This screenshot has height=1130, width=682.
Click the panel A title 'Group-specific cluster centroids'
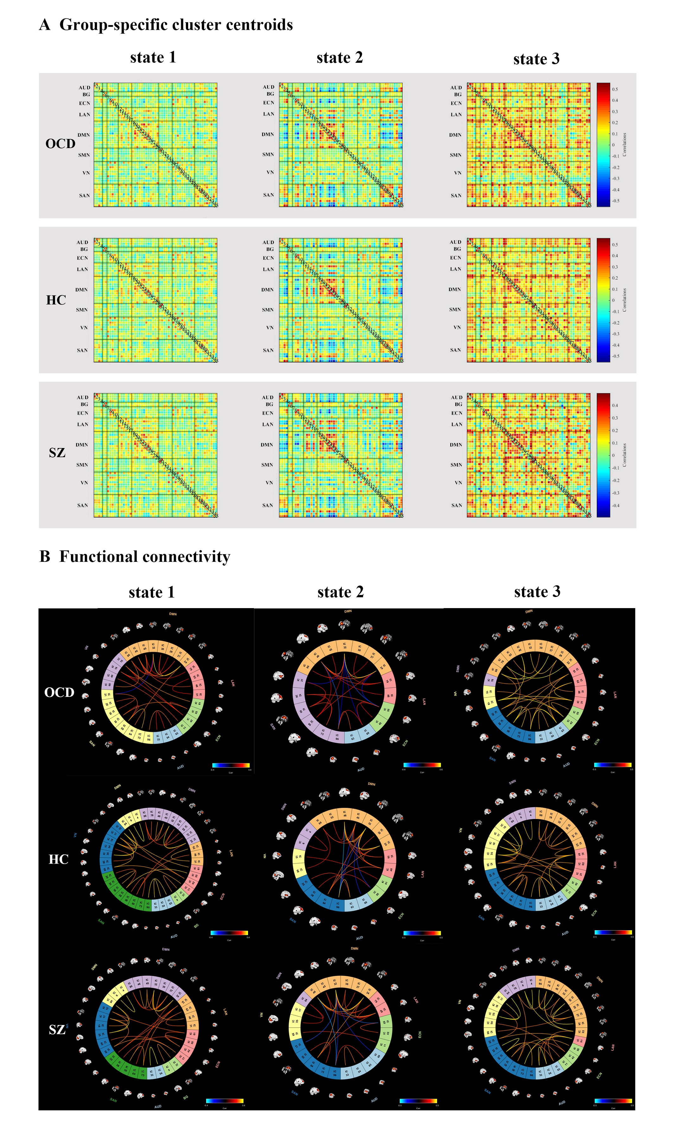coord(176,25)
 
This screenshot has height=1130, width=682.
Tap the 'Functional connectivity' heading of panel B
coord(144,556)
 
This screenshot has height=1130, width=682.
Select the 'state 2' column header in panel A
coord(340,58)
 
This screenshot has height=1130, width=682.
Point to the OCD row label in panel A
coord(60,144)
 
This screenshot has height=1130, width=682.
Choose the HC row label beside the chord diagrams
coord(58,860)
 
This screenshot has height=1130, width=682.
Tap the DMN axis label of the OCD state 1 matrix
coord(83,135)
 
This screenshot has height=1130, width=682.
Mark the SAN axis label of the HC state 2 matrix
coord(268,350)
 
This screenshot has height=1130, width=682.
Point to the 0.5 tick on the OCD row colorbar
coord(615,89)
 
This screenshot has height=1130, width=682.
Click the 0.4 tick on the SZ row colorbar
coord(615,406)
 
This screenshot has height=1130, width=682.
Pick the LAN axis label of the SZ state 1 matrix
coord(82,425)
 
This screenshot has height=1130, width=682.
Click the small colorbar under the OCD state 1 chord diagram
coord(231,765)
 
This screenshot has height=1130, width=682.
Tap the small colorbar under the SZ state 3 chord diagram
coord(613,1100)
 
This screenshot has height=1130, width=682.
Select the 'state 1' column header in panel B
coord(152,592)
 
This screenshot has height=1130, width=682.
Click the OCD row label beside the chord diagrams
coord(59,692)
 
